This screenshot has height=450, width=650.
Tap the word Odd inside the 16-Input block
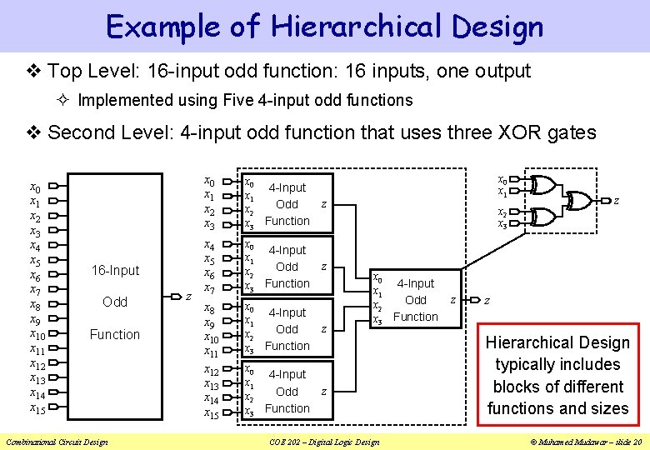click(115, 302)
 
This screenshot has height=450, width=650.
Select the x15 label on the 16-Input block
click(37, 408)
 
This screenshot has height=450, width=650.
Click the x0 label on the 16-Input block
click(35, 187)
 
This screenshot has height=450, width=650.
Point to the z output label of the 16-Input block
click(189, 296)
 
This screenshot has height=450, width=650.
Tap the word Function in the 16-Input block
click(115, 334)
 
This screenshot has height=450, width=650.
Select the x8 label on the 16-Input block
click(35, 305)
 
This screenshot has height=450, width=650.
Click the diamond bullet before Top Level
click(32, 72)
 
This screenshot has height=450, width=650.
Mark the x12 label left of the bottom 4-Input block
click(210, 371)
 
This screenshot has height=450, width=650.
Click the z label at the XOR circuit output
click(616, 201)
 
